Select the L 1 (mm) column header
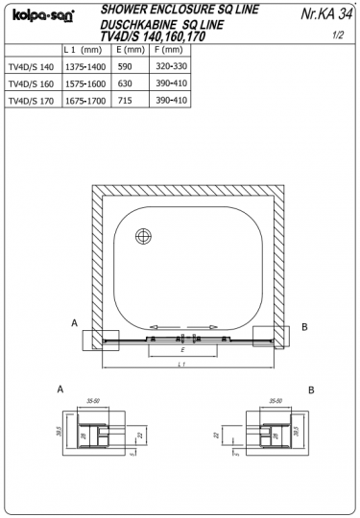[x=83, y=48]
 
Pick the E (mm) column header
[x=129, y=48]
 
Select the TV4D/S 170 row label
[x=31, y=98]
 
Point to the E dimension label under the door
[x=182, y=351]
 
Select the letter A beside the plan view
[x=75, y=324]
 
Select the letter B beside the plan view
[x=304, y=327]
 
